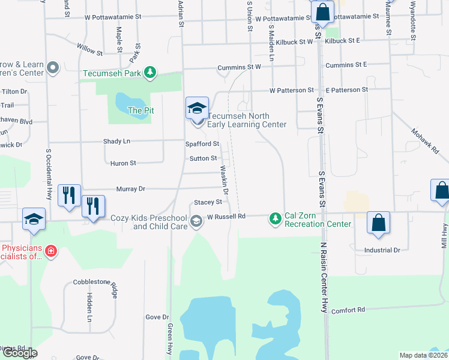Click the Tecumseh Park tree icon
click(150, 73)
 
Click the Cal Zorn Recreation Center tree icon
click(275, 219)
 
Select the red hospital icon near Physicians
click(51, 251)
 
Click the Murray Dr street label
click(133, 188)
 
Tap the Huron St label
click(123, 163)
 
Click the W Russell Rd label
click(226, 216)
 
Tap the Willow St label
click(90, 49)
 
